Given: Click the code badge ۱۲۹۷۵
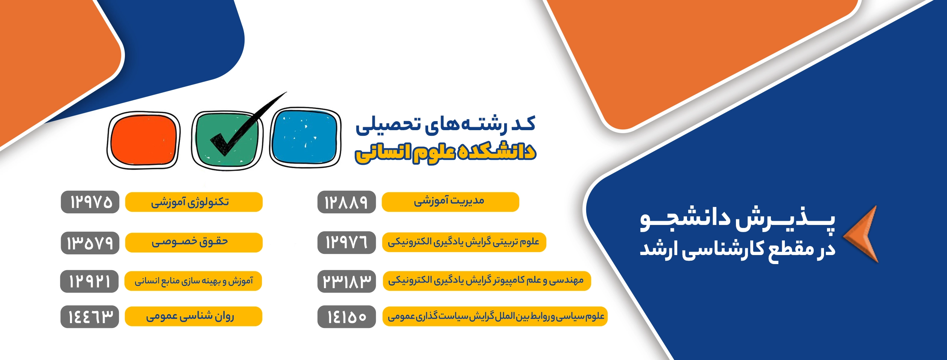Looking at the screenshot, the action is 90,202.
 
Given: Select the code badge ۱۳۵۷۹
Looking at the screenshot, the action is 90,243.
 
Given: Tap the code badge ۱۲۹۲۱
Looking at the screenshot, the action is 90,281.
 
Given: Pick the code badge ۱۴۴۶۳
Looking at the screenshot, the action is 90,317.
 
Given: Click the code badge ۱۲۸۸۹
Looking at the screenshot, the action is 347,202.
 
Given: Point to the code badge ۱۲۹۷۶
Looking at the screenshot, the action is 347,243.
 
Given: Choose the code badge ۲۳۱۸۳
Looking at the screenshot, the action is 347,281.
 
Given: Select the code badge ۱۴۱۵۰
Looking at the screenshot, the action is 347,317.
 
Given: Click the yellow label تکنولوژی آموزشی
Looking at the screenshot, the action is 194,202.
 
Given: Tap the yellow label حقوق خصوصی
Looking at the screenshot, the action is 194,243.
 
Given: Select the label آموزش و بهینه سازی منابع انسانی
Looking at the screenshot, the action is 193,281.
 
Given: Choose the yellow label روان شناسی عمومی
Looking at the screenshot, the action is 193,316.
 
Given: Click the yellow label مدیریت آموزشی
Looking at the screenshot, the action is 450,202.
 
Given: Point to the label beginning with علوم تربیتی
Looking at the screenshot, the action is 464,242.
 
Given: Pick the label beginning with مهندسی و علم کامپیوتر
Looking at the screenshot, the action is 487,281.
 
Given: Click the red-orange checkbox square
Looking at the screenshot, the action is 143,140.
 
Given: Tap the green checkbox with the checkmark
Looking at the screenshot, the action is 227,140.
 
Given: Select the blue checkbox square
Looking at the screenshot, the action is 305,137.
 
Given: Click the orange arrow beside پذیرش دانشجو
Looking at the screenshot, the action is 861,234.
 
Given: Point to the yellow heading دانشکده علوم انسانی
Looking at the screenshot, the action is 446,152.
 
